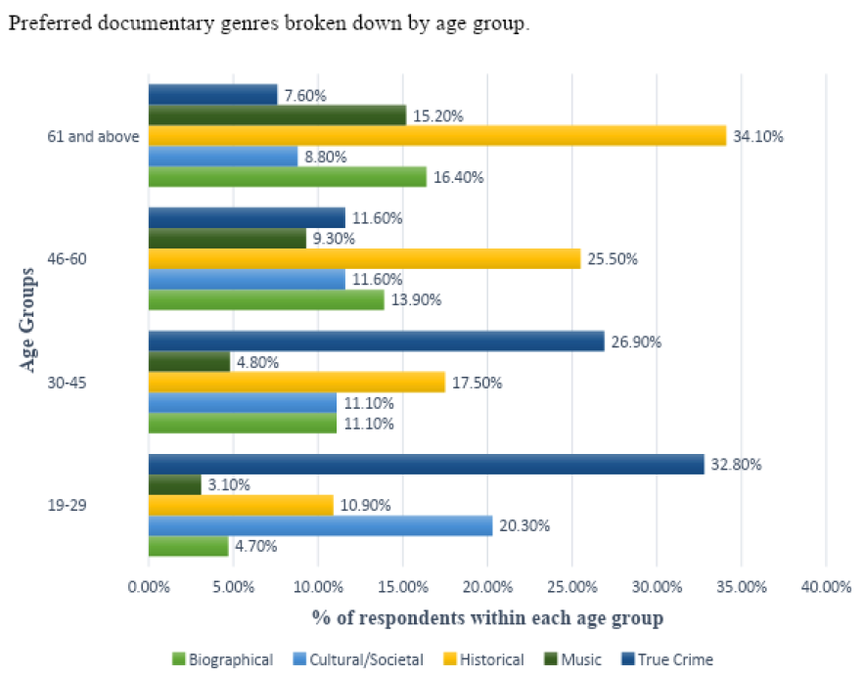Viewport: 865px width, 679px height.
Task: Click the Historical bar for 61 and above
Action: coord(436,136)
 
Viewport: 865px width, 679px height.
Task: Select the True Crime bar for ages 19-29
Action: coord(426,465)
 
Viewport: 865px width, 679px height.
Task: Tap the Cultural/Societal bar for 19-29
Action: coord(320,526)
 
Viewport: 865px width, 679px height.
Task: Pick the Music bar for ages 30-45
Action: coord(189,362)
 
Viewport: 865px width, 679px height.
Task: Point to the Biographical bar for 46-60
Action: coord(266,300)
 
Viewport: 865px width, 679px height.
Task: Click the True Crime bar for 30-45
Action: coord(376,341)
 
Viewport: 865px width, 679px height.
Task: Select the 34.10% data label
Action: coord(759,136)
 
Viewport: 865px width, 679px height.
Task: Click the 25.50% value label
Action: coord(614,259)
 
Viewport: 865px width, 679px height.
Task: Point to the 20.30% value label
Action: coord(525,526)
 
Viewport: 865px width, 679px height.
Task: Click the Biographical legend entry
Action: coord(222,660)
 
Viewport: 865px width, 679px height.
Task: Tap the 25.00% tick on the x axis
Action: coord(571,587)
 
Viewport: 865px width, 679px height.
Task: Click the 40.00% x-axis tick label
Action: coord(825,587)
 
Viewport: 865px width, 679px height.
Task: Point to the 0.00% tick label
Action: coord(149,587)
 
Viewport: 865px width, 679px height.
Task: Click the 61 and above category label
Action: coord(93,136)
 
